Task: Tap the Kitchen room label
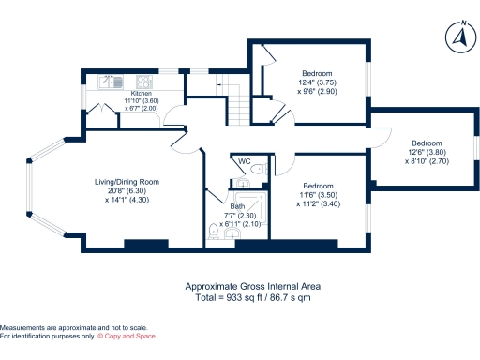pyautogui.click(x=141, y=94)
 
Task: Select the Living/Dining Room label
pyautogui.click(x=127, y=182)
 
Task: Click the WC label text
pyautogui.click(x=245, y=162)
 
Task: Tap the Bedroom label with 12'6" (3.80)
pyautogui.click(x=426, y=143)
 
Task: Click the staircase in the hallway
pyautogui.click(x=239, y=110)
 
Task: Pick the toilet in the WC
pyautogui.click(x=263, y=170)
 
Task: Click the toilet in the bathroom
pyautogui.click(x=217, y=237)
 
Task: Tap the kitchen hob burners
pyautogui.click(x=146, y=80)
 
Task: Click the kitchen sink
pyautogui.click(x=106, y=80)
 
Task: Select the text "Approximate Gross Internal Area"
pyautogui.click(x=240, y=286)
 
